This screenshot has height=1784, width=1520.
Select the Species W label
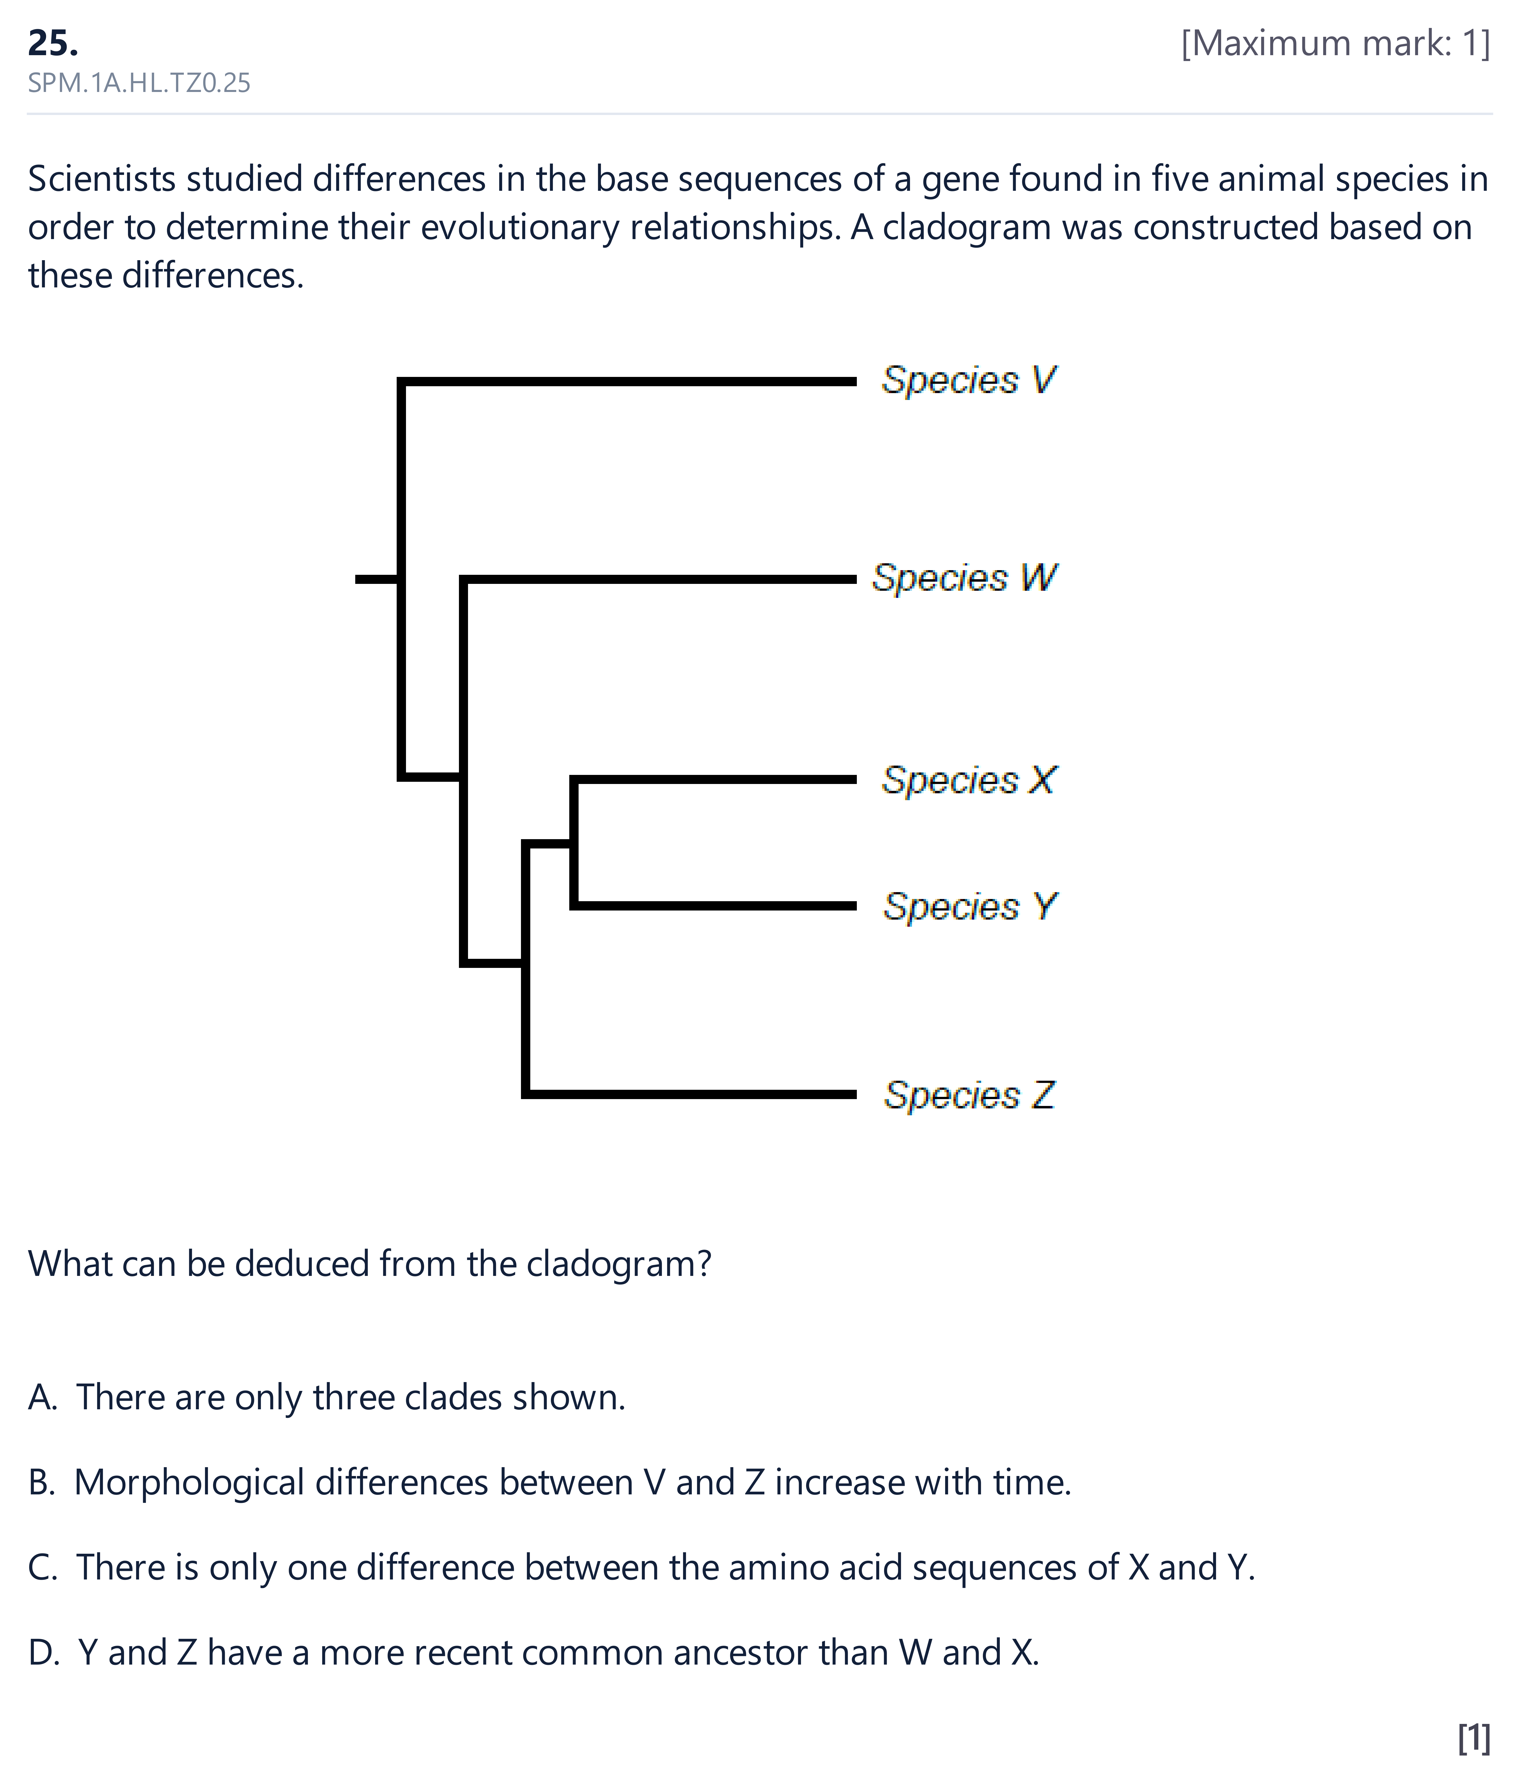pyautogui.click(x=965, y=578)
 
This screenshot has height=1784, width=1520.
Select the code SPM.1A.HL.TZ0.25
pyautogui.click(x=139, y=83)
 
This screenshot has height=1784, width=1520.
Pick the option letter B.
pyautogui.click(x=41, y=1483)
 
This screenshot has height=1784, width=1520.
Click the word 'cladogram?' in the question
pyautogui.click(x=619, y=1264)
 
